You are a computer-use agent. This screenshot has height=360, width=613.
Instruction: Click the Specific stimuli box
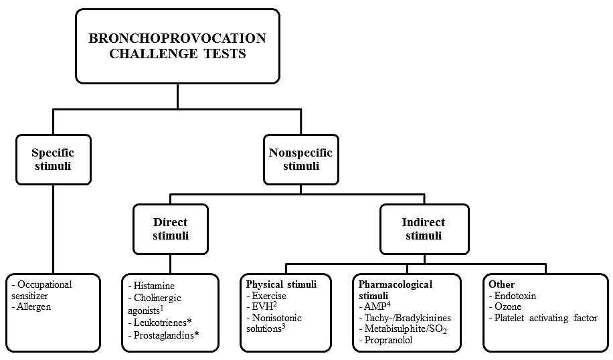[x=54, y=159]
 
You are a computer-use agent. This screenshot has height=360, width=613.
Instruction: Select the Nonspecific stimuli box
[x=301, y=159]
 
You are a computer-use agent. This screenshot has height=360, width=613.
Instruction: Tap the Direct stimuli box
[x=171, y=229]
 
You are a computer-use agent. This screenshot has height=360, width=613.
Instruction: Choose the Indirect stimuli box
[x=424, y=229]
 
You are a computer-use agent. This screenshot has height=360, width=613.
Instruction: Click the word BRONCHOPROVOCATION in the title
[x=177, y=38]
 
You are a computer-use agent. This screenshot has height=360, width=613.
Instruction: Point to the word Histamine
[x=154, y=286]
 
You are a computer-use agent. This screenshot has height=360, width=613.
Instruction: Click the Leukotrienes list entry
[x=160, y=323]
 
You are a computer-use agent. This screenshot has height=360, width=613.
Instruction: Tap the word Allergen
[x=33, y=307]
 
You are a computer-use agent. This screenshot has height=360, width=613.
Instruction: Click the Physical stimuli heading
[x=281, y=284]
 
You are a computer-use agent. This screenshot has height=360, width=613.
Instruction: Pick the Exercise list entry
[x=269, y=296]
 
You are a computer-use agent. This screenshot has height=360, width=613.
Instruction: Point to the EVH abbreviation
[x=262, y=307]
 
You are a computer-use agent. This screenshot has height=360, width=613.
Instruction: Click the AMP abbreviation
[x=375, y=307]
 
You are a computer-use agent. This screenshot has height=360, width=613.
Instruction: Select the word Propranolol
[x=388, y=340]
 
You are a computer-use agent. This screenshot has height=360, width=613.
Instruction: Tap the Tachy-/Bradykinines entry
[x=408, y=318]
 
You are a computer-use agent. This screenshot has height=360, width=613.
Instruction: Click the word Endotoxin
[x=515, y=296]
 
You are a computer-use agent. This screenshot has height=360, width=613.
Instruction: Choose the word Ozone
[x=507, y=307]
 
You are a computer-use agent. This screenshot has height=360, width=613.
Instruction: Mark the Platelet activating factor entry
[x=546, y=318]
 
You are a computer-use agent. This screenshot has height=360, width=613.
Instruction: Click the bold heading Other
[x=502, y=284]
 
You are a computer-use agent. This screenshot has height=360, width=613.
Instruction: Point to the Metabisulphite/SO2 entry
[x=406, y=329]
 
